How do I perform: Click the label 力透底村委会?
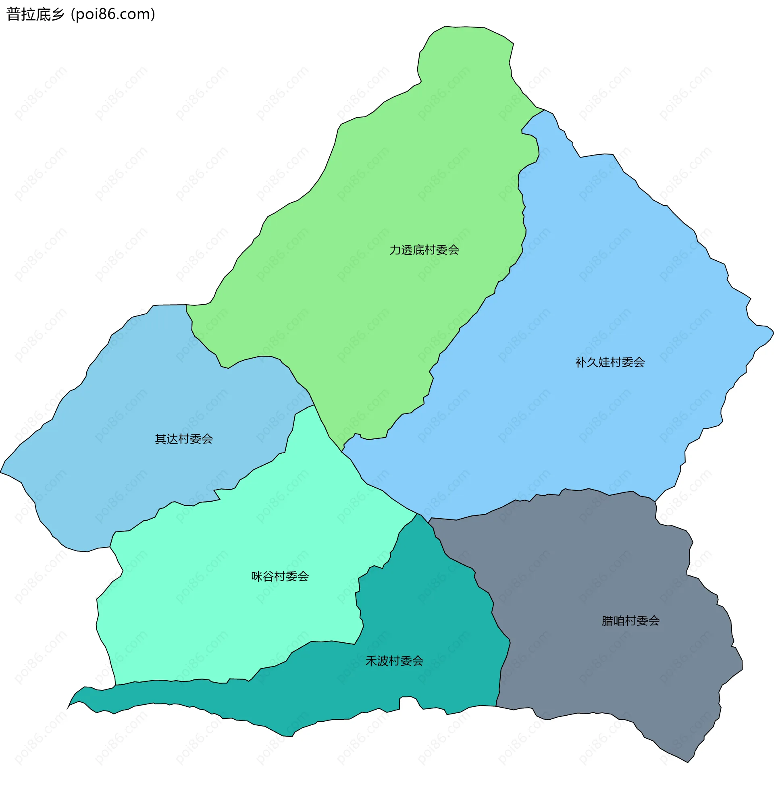(x=424, y=250)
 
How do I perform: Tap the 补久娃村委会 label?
(x=610, y=362)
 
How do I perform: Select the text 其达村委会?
(x=184, y=439)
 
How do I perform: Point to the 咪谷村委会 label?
(x=280, y=576)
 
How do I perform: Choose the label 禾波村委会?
(x=394, y=661)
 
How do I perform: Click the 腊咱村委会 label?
(x=630, y=621)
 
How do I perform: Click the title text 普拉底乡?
(x=35, y=14)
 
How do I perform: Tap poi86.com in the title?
(x=113, y=14)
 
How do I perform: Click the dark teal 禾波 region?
(x=427, y=609)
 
